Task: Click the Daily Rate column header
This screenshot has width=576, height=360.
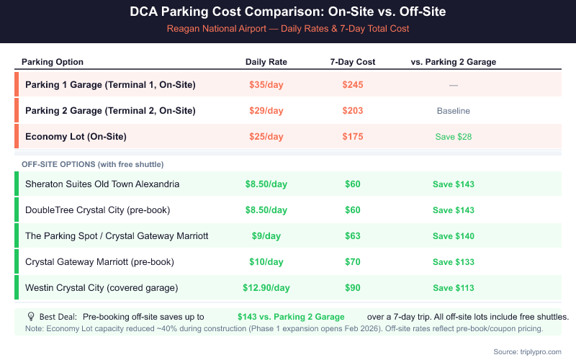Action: click(266, 62)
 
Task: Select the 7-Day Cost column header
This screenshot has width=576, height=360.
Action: click(353, 62)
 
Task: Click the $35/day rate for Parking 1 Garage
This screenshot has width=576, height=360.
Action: click(266, 85)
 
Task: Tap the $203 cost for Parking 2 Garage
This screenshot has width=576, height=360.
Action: click(353, 111)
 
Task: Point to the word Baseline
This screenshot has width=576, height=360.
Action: click(454, 111)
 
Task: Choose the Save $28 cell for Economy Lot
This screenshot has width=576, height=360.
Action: click(454, 137)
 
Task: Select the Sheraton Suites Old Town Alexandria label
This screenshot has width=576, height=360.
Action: click(102, 184)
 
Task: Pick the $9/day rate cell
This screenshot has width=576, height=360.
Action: click(266, 236)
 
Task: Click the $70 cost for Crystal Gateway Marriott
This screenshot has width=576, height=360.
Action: click(353, 262)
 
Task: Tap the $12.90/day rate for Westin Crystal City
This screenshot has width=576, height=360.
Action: click(266, 288)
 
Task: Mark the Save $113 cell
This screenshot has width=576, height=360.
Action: click(454, 288)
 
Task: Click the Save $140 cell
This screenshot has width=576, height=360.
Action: click(454, 236)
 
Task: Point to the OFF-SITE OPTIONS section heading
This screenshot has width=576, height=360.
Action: click(89, 164)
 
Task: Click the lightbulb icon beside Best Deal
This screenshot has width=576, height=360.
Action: click(31, 317)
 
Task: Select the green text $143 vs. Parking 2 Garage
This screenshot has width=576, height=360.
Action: click(291, 317)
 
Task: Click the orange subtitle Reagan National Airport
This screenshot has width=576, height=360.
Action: click(288, 29)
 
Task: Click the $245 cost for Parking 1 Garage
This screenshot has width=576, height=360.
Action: click(353, 85)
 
